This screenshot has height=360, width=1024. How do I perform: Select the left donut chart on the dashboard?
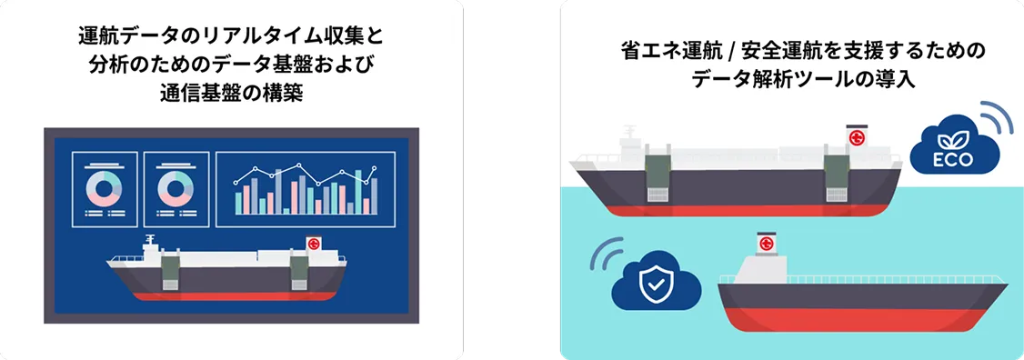(x=105, y=188)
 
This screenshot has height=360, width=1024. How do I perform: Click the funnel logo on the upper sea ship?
(x=855, y=137)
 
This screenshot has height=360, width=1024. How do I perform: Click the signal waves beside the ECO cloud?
(x=994, y=117)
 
